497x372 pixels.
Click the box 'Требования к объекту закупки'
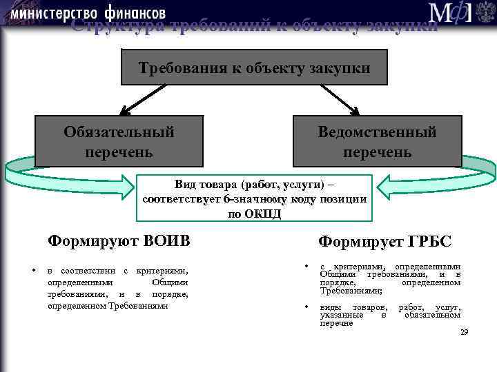(x=255, y=68)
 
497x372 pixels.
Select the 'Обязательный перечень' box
(x=119, y=141)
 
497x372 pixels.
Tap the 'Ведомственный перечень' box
(x=377, y=141)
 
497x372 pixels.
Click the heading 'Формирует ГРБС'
(x=384, y=242)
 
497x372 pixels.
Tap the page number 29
(x=464, y=332)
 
